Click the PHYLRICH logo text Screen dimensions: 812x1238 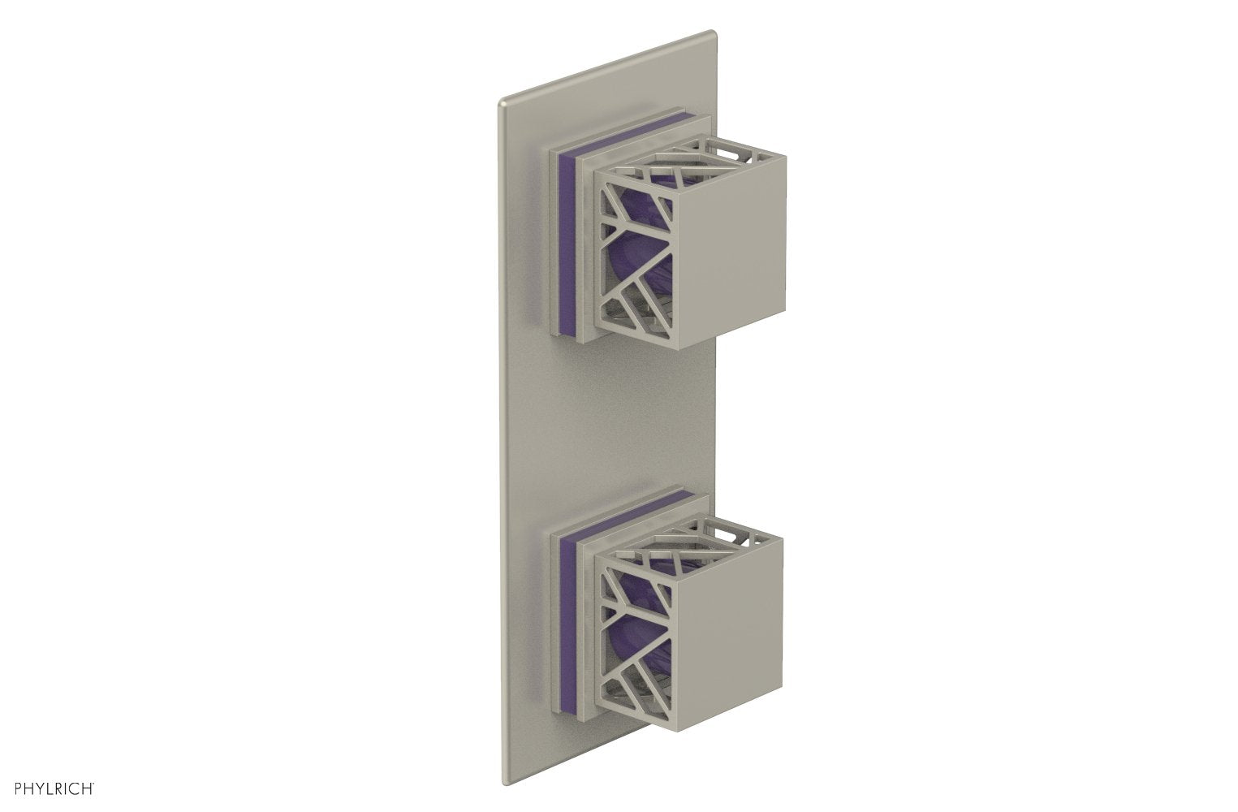50,787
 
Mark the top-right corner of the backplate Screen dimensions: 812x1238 714,32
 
